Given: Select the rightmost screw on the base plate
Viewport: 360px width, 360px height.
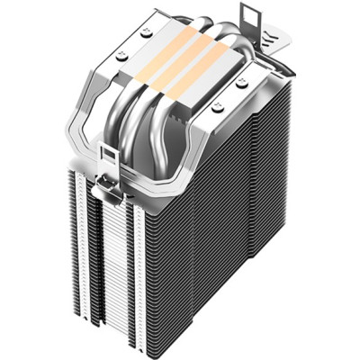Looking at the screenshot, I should [x=242, y=83].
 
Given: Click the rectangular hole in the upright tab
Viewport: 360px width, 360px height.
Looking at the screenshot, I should [x=246, y=16].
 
